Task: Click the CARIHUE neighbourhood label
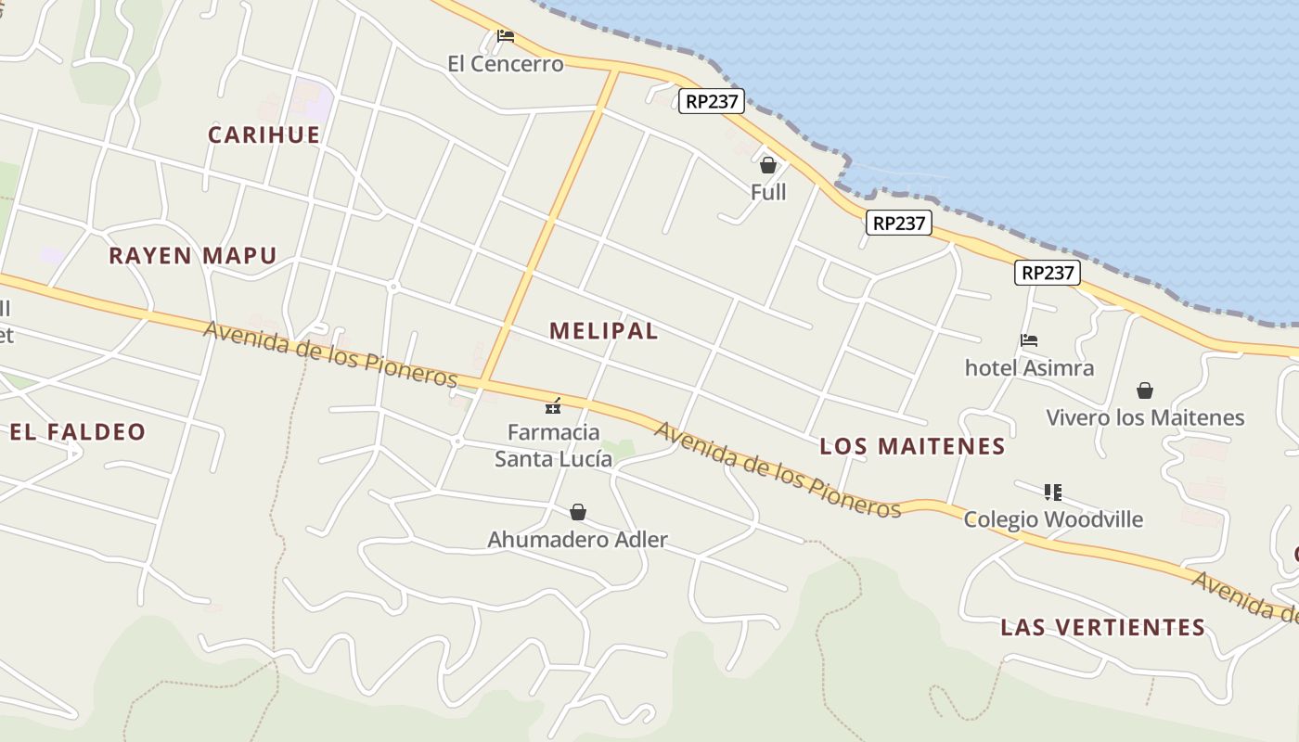(264, 134)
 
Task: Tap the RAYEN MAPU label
(193, 255)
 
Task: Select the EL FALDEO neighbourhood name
(78, 431)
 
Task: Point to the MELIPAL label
(603, 330)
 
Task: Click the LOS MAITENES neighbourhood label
(912, 446)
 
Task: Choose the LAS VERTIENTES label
(1102, 627)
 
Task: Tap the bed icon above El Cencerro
(506, 36)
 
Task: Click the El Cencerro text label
(505, 64)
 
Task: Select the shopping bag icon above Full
(767, 165)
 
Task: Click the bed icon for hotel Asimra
(1028, 340)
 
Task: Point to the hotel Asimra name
(1029, 368)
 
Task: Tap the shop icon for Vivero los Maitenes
(1145, 390)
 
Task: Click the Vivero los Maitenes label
(1145, 417)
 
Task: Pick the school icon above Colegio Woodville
(1052, 492)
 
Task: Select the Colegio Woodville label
(1053, 519)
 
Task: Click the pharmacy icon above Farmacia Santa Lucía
(553, 405)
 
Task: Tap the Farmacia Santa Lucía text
(553, 445)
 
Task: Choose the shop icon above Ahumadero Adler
(578, 512)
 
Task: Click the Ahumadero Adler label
(577, 540)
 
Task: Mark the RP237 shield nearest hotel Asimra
(1048, 273)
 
